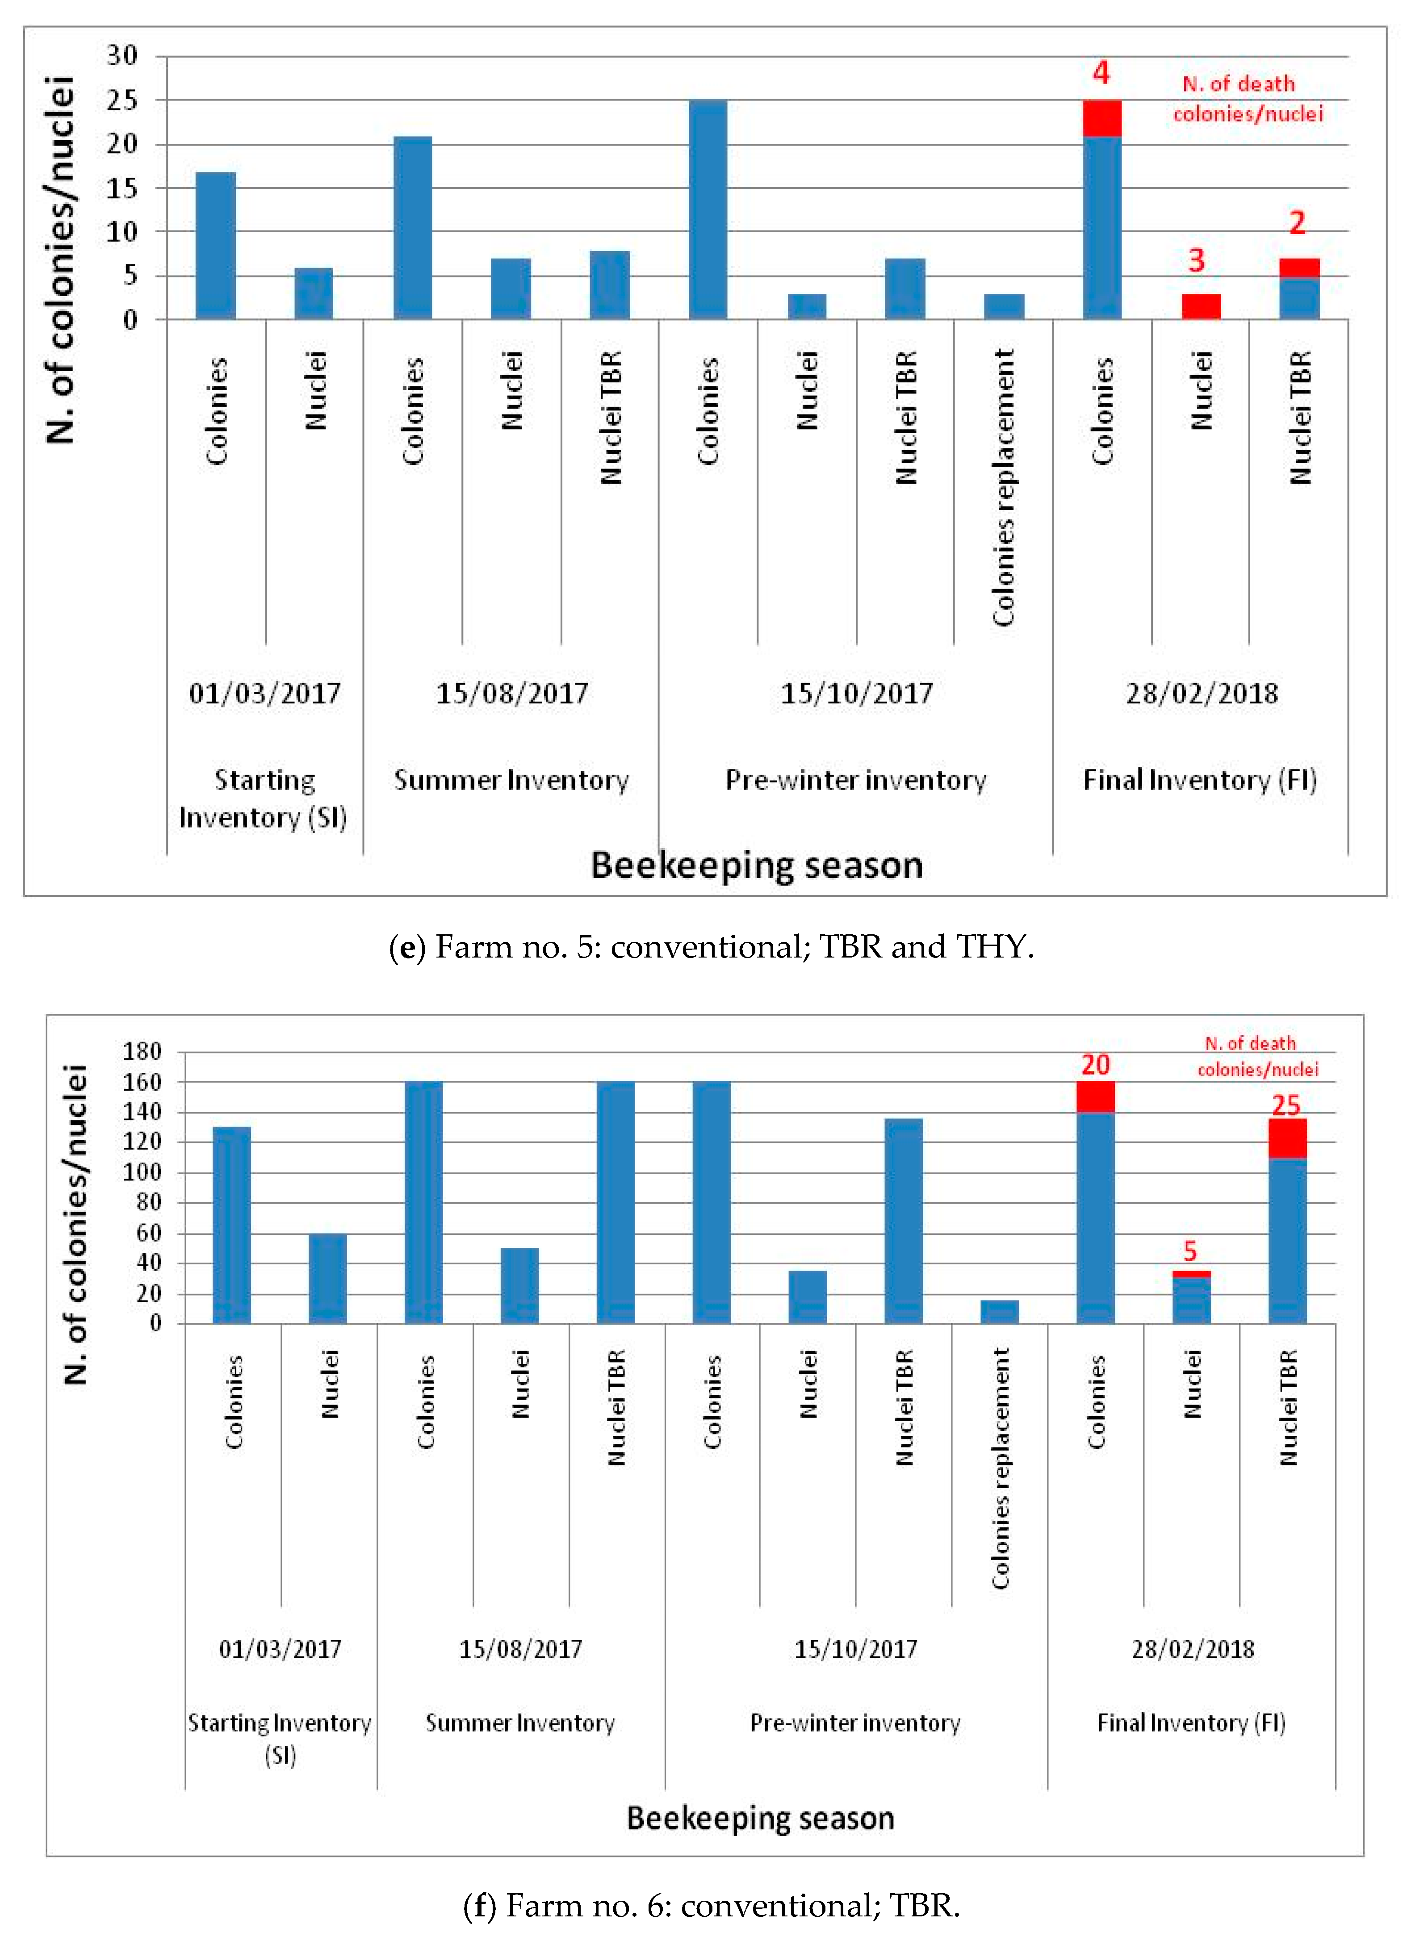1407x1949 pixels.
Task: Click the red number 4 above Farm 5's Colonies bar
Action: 1101,74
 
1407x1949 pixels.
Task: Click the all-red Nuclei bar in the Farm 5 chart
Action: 1201,307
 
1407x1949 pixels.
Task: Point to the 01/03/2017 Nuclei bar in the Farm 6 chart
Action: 327,1279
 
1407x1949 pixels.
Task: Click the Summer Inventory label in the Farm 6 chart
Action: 520,1723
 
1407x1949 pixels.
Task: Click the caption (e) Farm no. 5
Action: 711,947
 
